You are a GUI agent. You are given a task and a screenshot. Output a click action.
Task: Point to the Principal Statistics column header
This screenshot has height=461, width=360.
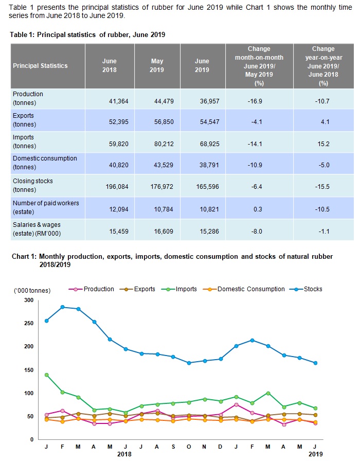coord(40,66)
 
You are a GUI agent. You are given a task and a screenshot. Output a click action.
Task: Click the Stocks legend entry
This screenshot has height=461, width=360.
coord(311,289)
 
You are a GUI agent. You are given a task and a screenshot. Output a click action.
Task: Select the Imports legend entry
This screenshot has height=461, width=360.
coord(186,289)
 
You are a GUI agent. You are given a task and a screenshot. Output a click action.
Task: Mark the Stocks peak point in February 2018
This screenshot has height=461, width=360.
coord(62,307)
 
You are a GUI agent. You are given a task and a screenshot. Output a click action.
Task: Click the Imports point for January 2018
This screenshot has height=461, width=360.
coord(47,375)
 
